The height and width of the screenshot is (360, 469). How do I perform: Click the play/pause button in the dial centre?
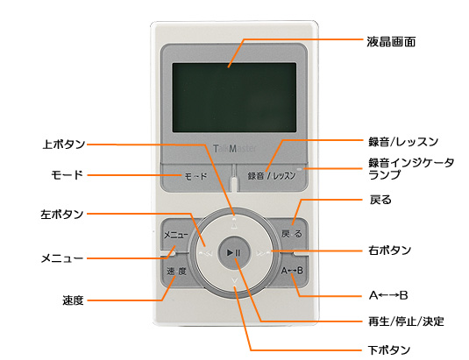[x=233, y=253]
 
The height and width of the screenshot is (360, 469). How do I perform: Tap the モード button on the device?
[x=195, y=177]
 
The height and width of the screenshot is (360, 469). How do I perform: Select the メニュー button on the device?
[x=176, y=235]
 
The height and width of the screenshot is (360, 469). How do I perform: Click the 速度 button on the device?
[x=176, y=272]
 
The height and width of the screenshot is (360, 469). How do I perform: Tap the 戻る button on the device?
[x=292, y=234]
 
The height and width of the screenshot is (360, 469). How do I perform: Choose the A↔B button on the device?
[x=292, y=271]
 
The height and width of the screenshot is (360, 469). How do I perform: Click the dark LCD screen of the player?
[x=234, y=98]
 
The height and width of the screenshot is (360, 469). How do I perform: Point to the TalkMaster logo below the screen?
[x=235, y=149]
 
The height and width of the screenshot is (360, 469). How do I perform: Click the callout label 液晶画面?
[x=391, y=42]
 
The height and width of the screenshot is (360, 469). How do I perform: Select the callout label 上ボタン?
[x=64, y=145]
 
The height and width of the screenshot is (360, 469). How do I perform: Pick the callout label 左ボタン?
[x=62, y=215]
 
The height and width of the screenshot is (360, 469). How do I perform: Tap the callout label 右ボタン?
[x=390, y=250]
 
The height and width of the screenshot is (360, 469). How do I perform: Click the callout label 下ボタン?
[x=389, y=349]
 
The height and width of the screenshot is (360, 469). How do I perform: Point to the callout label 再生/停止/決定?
[x=406, y=321]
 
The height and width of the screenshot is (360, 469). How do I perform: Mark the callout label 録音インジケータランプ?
[x=411, y=168]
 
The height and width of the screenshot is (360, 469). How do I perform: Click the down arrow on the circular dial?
[x=235, y=280]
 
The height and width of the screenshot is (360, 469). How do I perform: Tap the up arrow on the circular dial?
[x=235, y=225]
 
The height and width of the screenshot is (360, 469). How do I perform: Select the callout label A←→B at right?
[x=388, y=295]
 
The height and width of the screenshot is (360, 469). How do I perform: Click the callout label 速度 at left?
[x=73, y=300]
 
